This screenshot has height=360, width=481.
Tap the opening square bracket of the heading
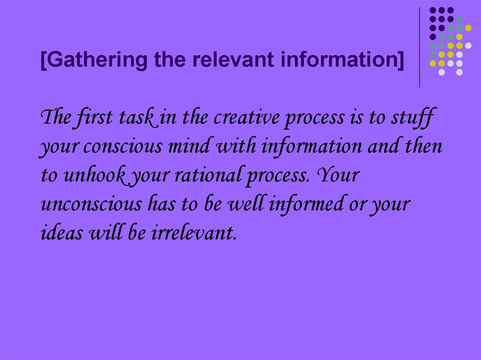(x=43, y=61)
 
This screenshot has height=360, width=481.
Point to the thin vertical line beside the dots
(x=419, y=47)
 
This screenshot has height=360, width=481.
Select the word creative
(x=245, y=117)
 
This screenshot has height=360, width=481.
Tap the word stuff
(x=412, y=117)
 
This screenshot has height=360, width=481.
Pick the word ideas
(x=58, y=234)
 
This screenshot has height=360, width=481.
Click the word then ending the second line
(x=425, y=147)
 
